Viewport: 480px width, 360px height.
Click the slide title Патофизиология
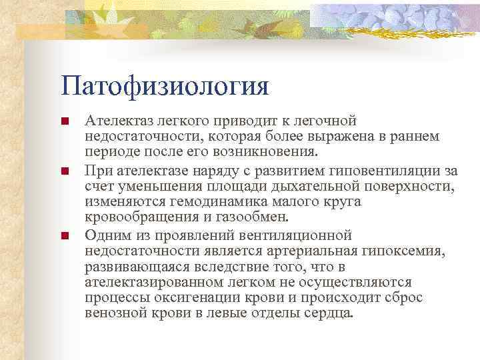click(164, 86)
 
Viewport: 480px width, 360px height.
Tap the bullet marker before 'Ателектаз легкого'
click(64, 122)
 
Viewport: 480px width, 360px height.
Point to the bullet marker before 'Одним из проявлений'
click(64, 236)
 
